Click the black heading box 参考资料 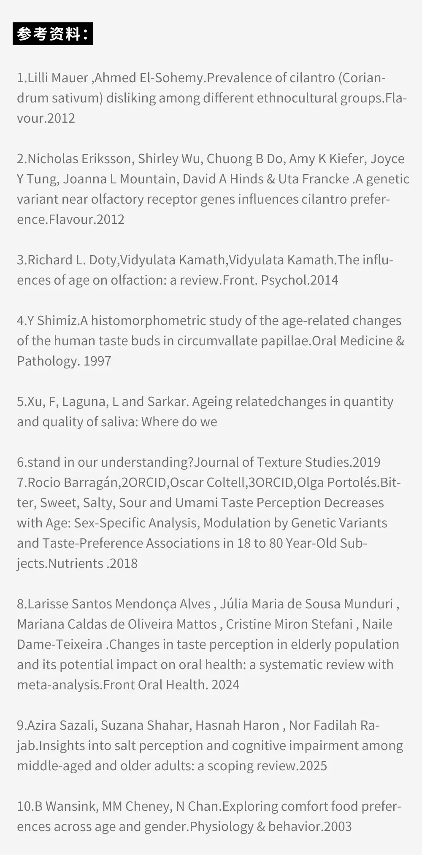(x=53, y=34)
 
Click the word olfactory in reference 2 (x=138, y=199)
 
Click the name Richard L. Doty (x=73, y=260)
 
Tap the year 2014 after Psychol (x=324, y=280)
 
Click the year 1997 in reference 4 (x=97, y=361)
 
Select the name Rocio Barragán (x=73, y=483)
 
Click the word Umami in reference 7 (x=196, y=503)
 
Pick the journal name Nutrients (x=76, y=564)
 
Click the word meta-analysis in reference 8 (x=59, y=685)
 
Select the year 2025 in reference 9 (x=313, y=766)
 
